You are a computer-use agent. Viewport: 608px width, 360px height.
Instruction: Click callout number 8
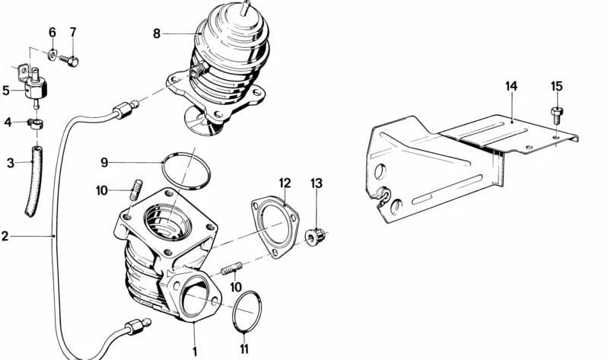click(156, 33)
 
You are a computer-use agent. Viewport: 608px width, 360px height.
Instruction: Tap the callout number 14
click(511, 86)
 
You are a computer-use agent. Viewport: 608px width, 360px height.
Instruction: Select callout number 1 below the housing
click(194, 352)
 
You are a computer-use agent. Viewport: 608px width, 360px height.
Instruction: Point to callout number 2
click(5, 237)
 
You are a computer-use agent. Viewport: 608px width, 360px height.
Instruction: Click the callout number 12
click(285, 183)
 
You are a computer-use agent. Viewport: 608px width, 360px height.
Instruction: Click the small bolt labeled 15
click(556, 113)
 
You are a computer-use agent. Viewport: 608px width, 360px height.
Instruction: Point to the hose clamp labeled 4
click(35, 123)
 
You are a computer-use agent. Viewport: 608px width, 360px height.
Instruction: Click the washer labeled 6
click(53, 53)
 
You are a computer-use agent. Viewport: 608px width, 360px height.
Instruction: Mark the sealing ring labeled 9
click(186, 172)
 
